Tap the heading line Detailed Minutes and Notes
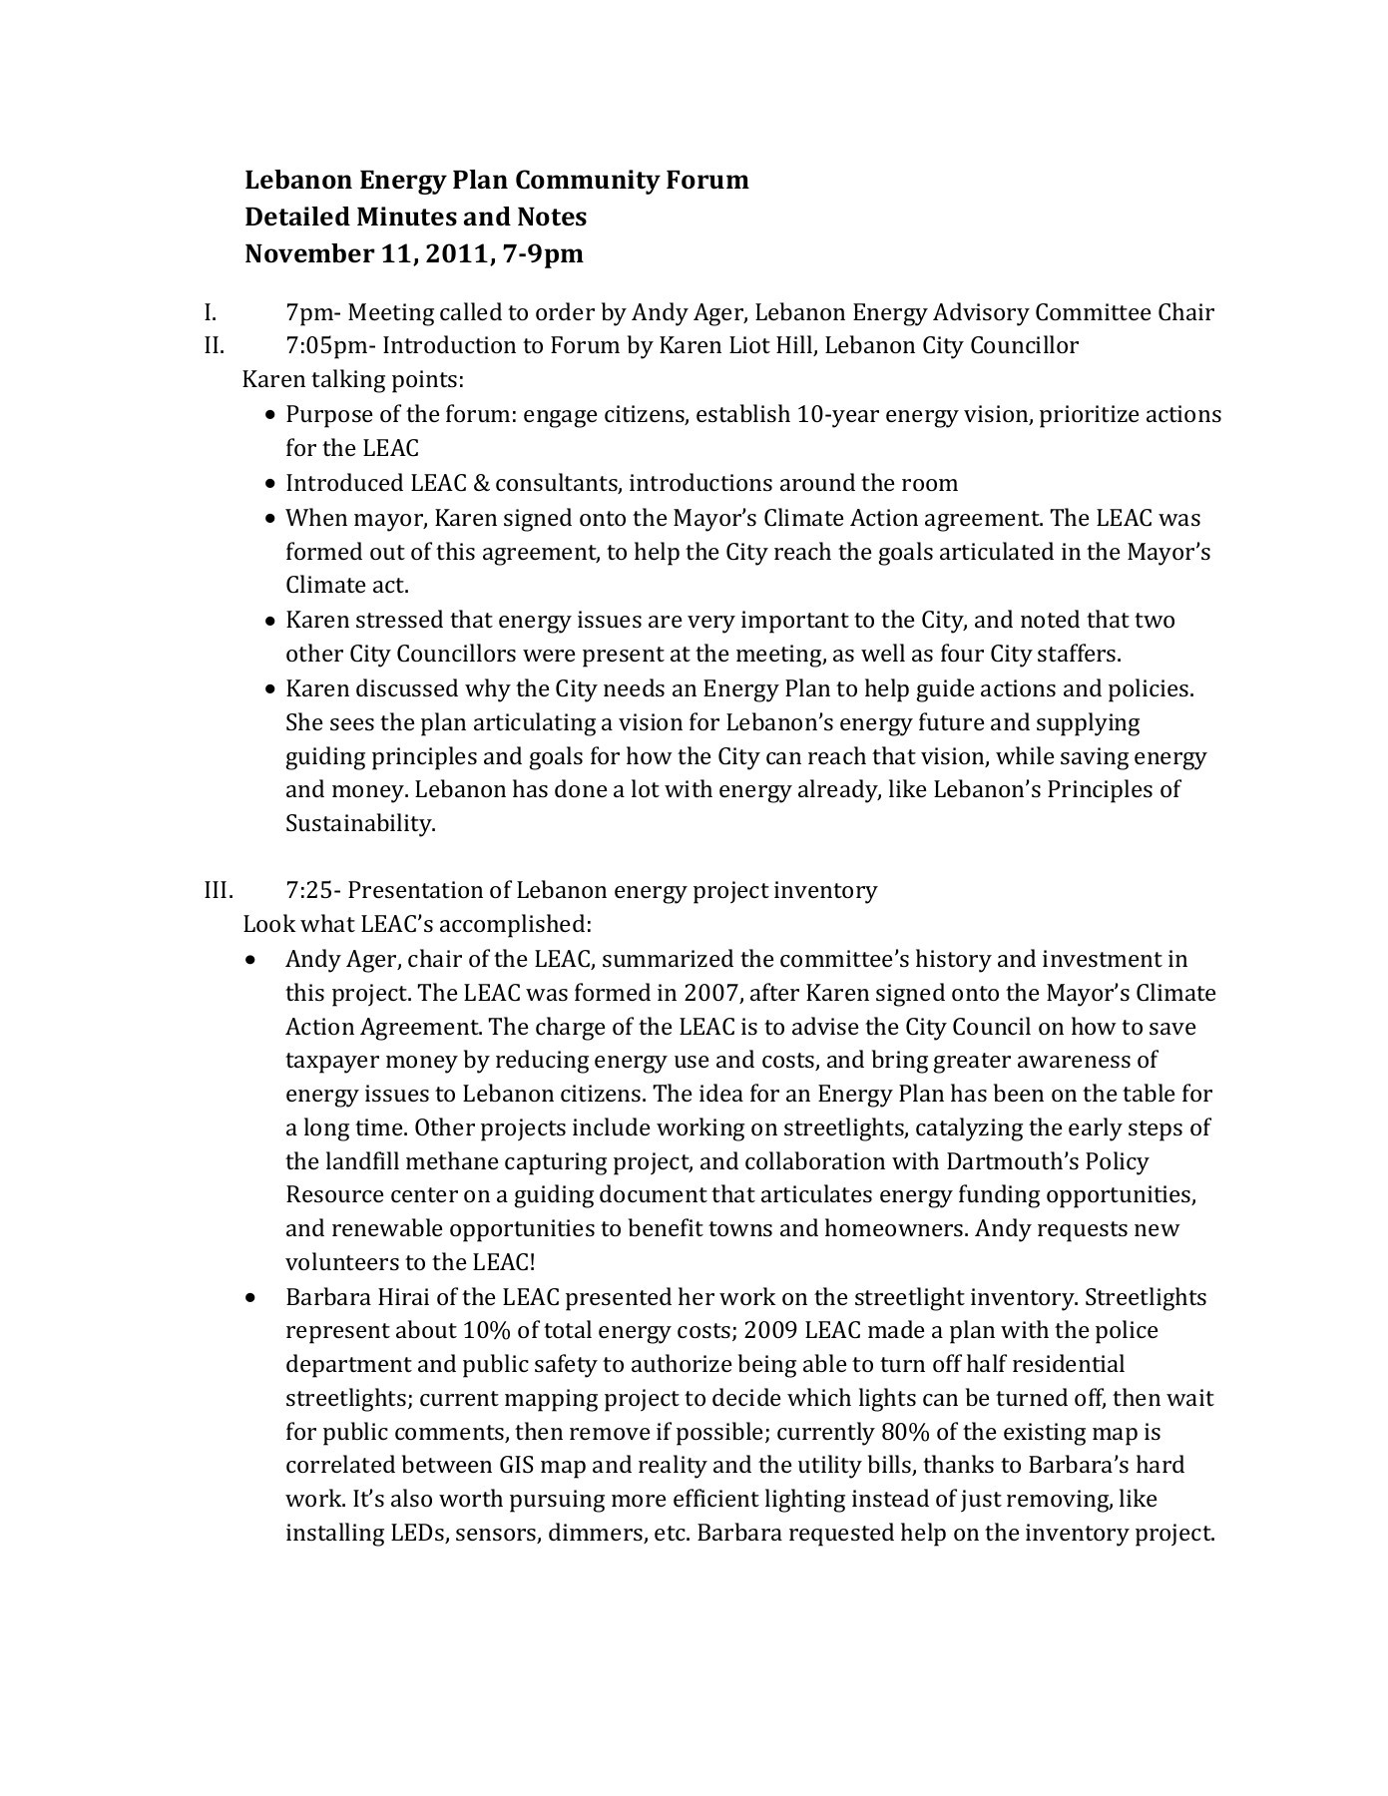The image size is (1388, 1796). pos(415,217)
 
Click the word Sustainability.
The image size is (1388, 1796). pos(360,824)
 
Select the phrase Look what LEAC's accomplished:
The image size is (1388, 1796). pos(417,924)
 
